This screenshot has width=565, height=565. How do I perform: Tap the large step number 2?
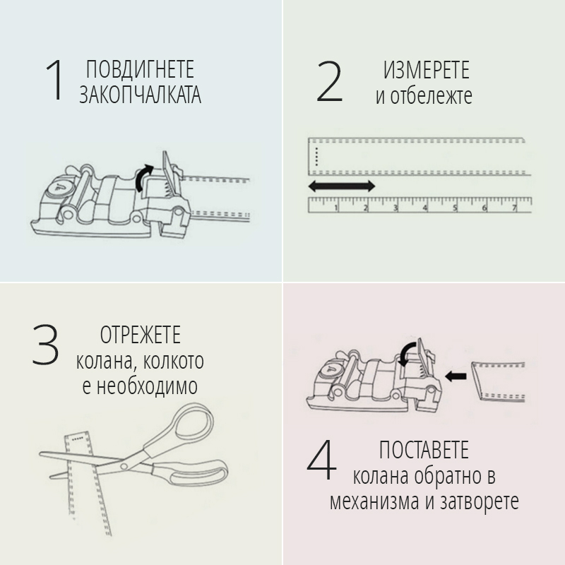pos(329,81)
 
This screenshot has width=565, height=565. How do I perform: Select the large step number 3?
pos(45,345)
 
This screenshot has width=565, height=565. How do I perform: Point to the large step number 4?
pos(321,460)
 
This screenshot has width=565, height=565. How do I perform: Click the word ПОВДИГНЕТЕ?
pos(140,69)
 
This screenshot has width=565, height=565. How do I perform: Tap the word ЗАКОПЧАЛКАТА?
pos(140,95)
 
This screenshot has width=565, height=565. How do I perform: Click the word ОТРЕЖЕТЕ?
pos(140,335)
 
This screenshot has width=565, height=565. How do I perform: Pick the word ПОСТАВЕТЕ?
pos(424,450)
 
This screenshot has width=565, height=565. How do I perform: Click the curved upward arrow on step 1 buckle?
pos(143,177)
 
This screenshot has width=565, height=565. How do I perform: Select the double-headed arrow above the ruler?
pos(342,186)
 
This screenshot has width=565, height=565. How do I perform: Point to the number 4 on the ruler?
pos(425,208)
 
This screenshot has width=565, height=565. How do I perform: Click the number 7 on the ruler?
pos(515,208)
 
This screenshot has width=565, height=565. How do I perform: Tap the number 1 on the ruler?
pos(336,208)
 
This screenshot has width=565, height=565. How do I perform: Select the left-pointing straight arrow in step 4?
pos(456,376)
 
